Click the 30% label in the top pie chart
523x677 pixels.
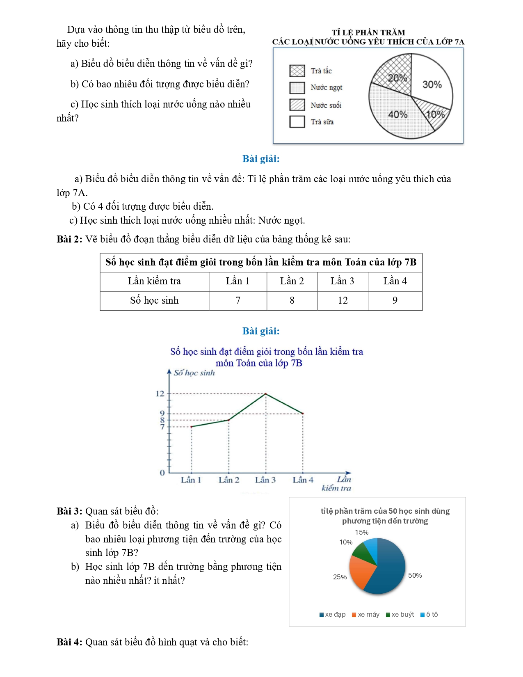pyautogui.click(x=432, y=85)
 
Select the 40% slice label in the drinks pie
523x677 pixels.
pyautogui.click(x=397, y=114)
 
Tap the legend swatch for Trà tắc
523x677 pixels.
pyautogui.click(x=297, y=71)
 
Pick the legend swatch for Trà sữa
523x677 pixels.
pyautogui.click(x=297, y=122)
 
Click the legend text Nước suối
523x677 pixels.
pyautogui.click(x=326, y=105)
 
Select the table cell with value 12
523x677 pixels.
pyautogui.click(x=343, y=301)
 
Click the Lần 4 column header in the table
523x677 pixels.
pyautogui.click(x=395, y=281)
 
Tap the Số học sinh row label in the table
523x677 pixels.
pyautogui.click(x=154, y=301)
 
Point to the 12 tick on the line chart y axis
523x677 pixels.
pyautogui.click(x=160, y=394)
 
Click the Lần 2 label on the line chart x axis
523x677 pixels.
pyautogui.click(x=228, y=480)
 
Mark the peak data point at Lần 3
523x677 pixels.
pyautogui.click(x=266, y=394)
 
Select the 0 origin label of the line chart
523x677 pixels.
pyautogui.click(x=162, y=473)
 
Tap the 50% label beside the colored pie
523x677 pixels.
pyautogui.click(x=415, y=576)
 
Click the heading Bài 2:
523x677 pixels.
pyautogui.click(x=69, y=239)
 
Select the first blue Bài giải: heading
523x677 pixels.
pyautogui.click(x=261, y=159)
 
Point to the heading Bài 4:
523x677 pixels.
pyautogui.click(x=69, y=642)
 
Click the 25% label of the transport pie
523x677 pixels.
pyautogui.click(x=340, y=577)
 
